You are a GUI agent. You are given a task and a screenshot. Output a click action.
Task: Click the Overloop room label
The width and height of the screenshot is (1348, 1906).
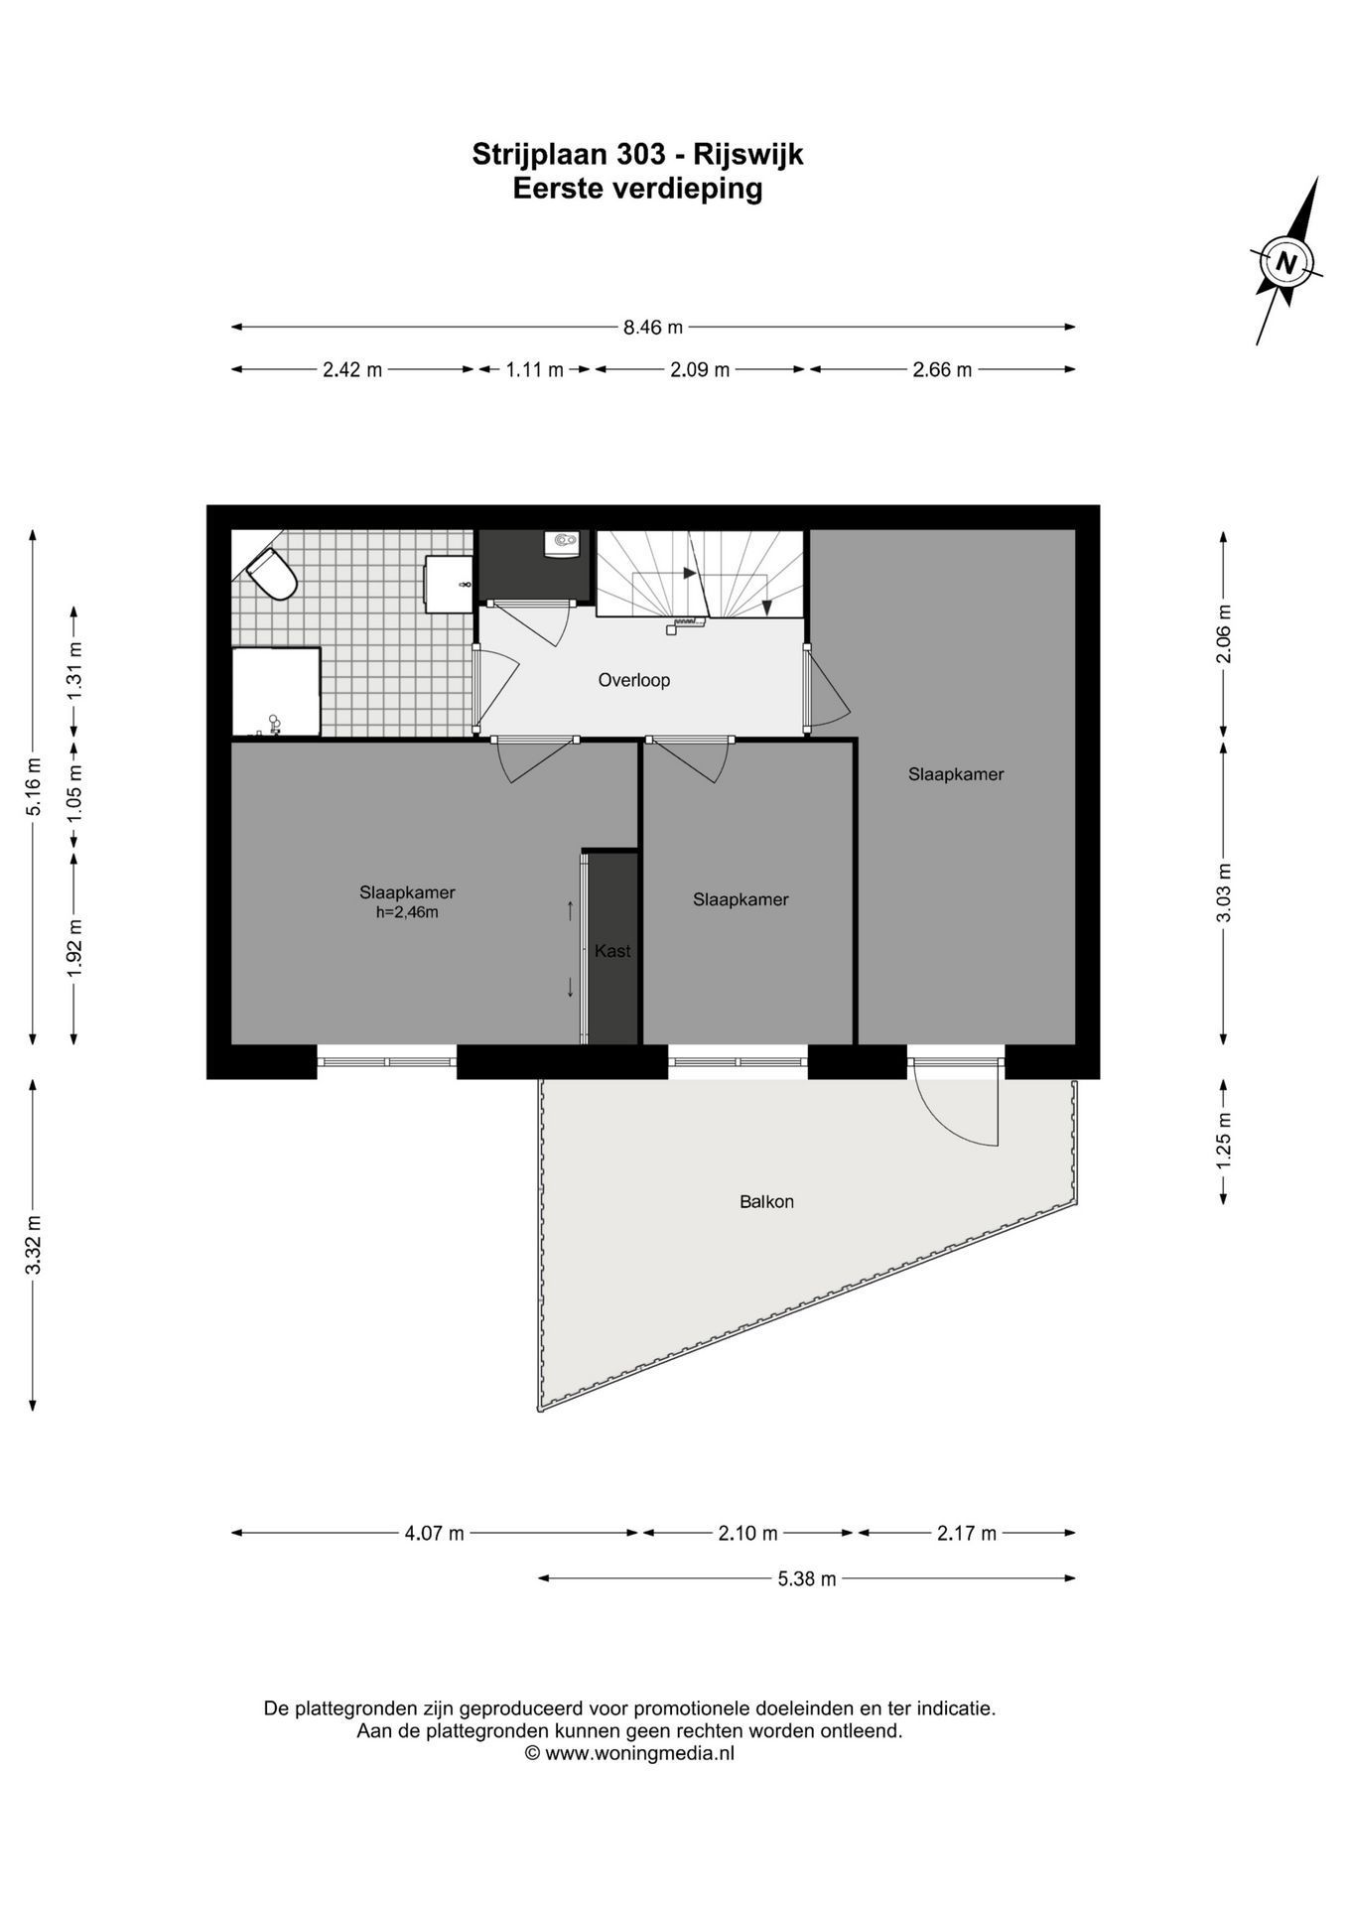(x=633, y=680)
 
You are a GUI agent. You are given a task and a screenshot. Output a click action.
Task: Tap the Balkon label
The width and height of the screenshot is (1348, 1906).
(x=766, y=1201)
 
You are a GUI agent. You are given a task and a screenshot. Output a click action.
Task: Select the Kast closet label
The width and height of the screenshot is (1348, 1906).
(x=612, y=950)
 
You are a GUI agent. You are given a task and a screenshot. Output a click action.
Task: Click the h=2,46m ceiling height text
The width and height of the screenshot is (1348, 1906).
(x=407, y=912)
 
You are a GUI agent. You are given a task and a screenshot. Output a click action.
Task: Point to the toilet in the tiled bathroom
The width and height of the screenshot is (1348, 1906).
(x=272, y=574)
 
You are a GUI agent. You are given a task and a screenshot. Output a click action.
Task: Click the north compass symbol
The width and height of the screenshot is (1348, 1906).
(x=1286, y=261)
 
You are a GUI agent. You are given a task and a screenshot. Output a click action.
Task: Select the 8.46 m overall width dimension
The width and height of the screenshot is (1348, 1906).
(x=653, y=327)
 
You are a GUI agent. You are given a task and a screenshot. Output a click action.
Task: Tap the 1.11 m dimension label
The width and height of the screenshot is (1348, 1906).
(x=534, y=369)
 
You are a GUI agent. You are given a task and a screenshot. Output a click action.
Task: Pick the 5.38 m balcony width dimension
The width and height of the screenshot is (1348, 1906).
(x=807, y=1577)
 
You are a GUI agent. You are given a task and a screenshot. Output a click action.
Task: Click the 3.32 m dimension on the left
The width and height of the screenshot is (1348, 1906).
(x=33, y=1245)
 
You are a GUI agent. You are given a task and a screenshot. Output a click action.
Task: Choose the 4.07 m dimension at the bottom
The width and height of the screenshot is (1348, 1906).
(x=434, y=1533)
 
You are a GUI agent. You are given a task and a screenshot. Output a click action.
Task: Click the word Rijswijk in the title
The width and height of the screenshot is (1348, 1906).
(x=747, y=154)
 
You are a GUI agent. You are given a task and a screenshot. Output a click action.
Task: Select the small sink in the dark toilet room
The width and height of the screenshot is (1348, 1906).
(x=563, y=544)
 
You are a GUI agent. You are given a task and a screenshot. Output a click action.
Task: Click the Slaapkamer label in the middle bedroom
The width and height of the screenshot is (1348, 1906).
(x=741, y=899)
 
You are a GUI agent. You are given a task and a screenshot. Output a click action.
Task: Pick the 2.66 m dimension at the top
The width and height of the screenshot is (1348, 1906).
(x=942, y=369)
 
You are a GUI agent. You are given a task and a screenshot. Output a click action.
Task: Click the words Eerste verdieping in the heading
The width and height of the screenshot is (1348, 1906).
(x=637, y=188)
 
